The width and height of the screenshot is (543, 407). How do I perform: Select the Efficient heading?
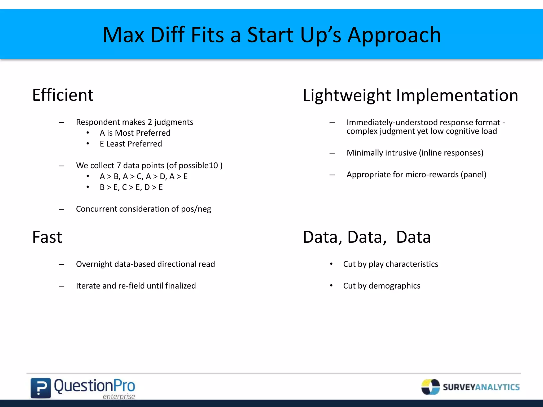point(63,95)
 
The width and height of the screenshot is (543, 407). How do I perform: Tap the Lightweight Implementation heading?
point(410,95)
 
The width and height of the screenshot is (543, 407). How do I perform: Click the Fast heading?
point(47,237)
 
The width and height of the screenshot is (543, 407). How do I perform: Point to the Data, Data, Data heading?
point(367,237)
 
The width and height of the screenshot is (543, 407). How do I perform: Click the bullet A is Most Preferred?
point(135,133)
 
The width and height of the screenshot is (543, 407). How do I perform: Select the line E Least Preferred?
point(131,144)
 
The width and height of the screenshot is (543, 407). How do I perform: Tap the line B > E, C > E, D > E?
point(131,187)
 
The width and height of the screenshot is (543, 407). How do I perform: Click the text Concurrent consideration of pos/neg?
point(143,209)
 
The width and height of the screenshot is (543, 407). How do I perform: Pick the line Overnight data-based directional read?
point(145,264)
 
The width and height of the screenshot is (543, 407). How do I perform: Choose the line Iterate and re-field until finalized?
point(136,286)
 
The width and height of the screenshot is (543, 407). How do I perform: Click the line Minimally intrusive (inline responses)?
point(415,153)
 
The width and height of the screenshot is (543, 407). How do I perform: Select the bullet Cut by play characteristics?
point(391,264)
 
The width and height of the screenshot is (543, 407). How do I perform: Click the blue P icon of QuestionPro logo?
point(41,388)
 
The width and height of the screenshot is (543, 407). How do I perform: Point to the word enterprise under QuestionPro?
point(119,396)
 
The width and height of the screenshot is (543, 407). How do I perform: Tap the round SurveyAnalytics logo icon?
point(430,387)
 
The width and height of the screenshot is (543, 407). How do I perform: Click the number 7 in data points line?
point(119,166)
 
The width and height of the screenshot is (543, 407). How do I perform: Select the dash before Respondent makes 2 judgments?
point(62,122)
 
